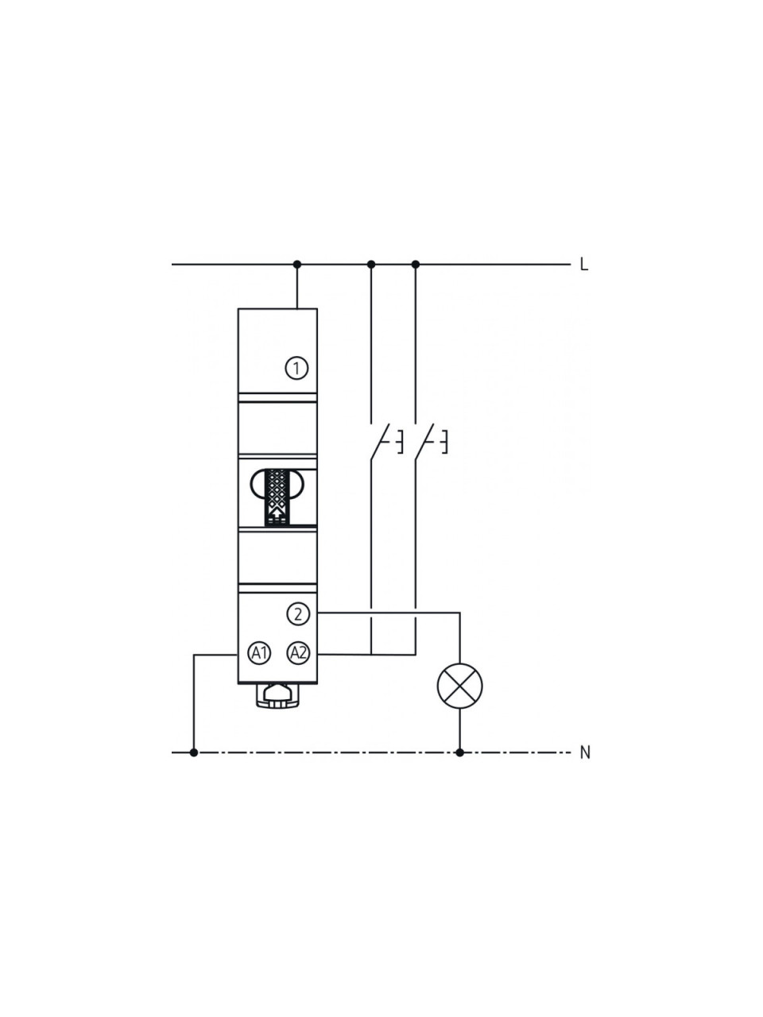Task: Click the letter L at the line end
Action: point(583,265)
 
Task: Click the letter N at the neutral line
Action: point(585,753)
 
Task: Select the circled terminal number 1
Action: point(296,369)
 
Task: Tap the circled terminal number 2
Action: point(298,614)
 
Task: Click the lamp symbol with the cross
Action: point(459,686)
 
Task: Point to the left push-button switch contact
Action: point(380,441)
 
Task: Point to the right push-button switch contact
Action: point(424,441)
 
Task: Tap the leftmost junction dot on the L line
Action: point(297,265)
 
